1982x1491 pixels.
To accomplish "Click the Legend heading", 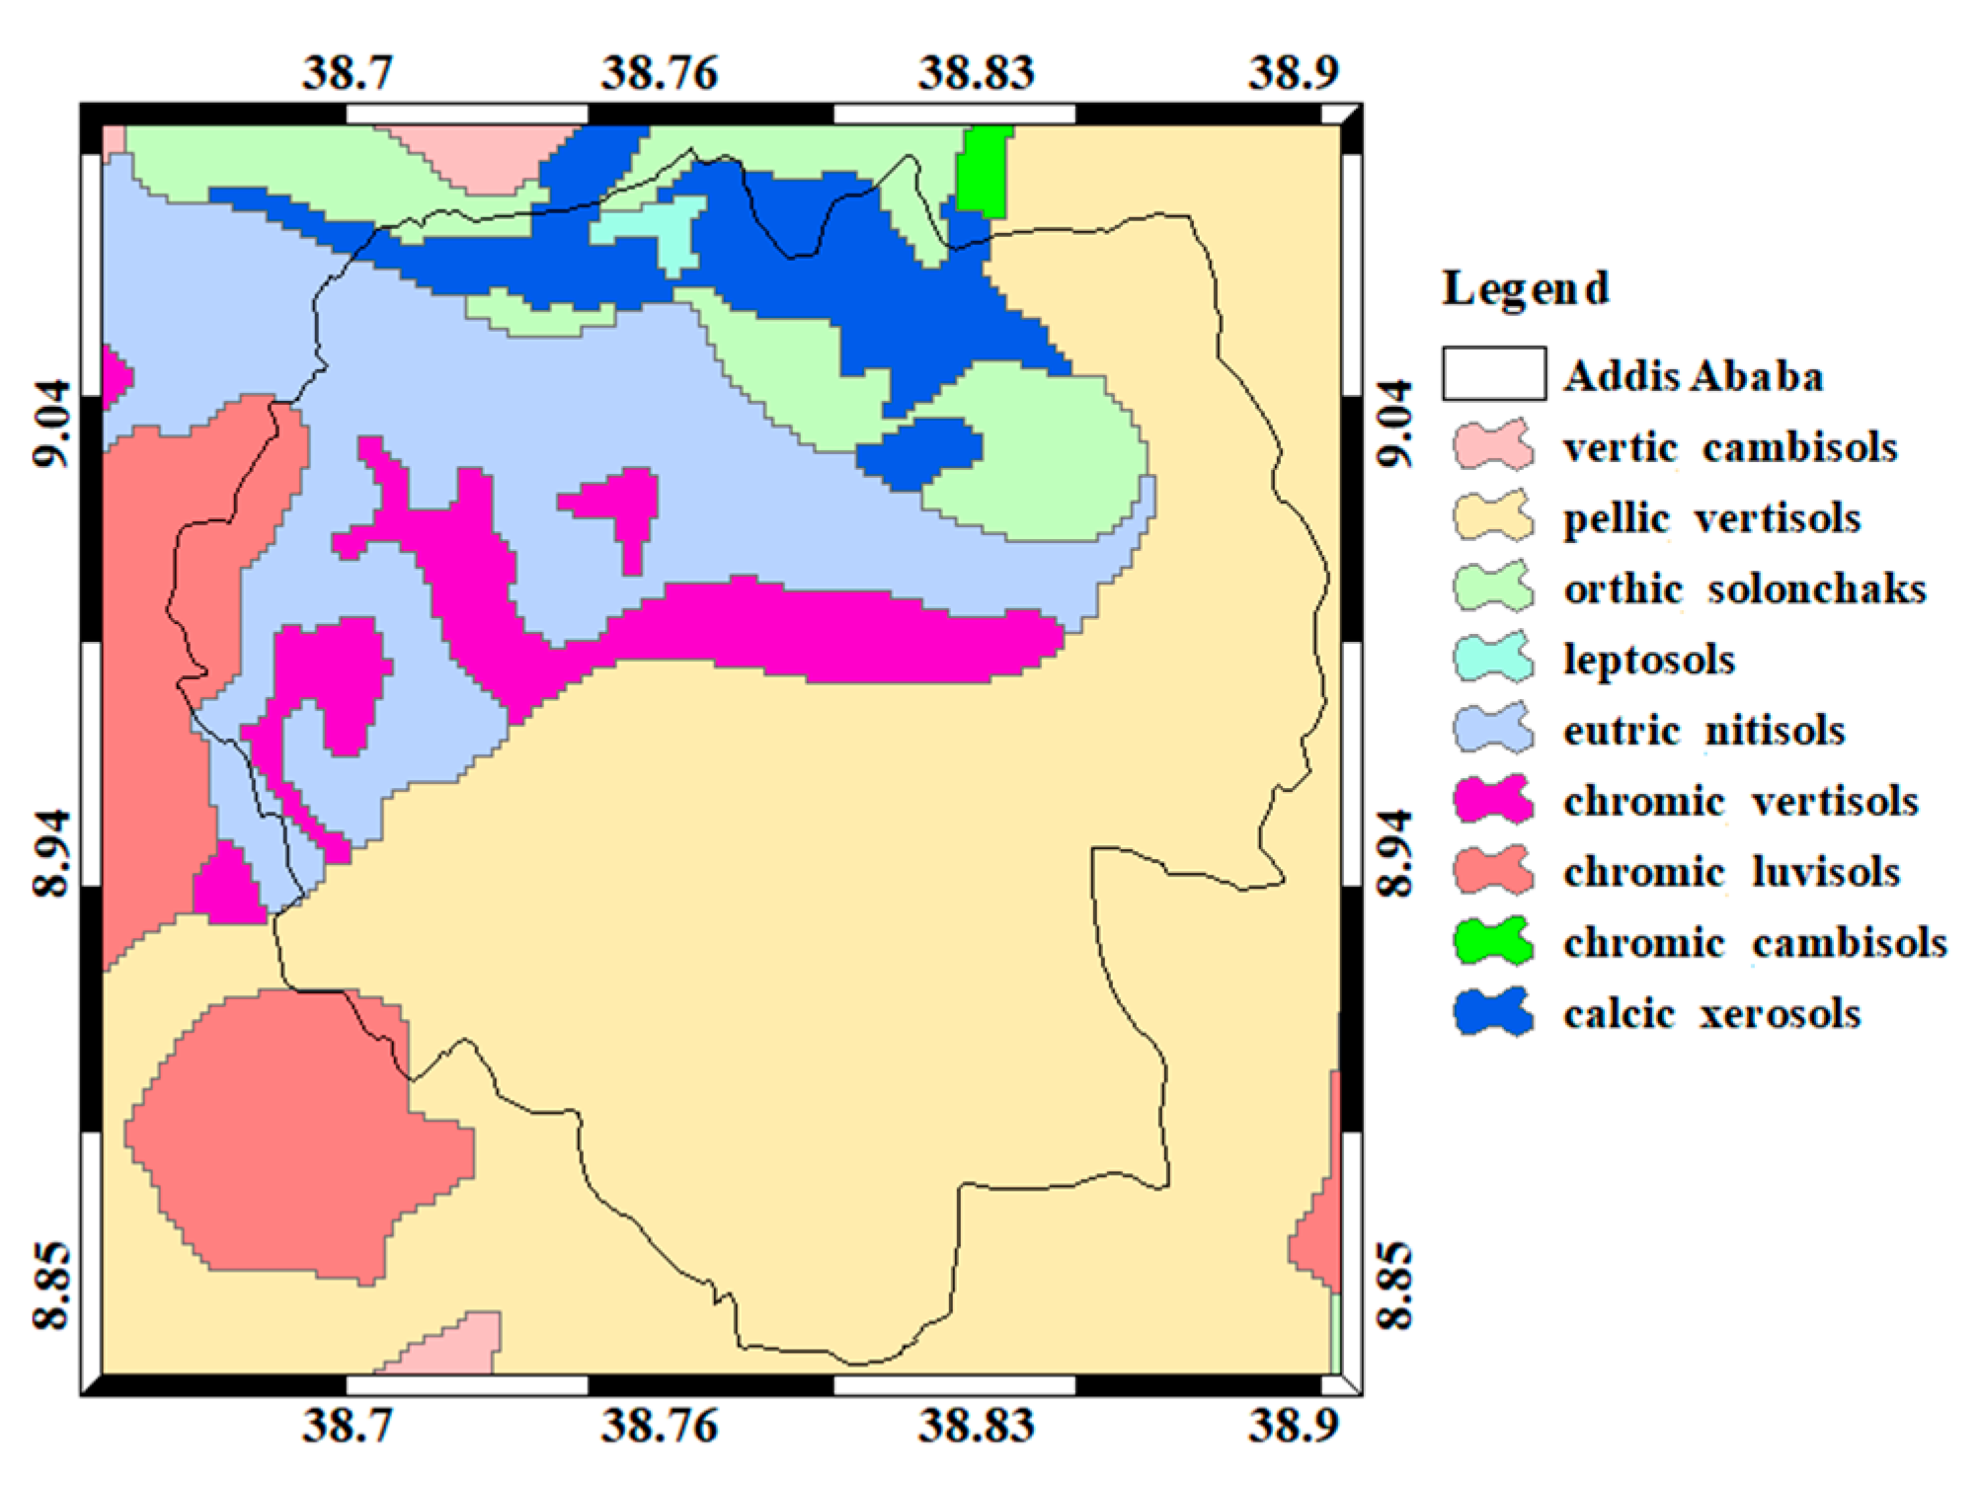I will pyautogui.click(x=1525, y=289).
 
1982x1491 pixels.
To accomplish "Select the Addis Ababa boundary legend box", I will pyautogui.click(x=1493, y=373).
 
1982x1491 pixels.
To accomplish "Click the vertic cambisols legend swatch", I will pyautogui.click(x=1493, y=445).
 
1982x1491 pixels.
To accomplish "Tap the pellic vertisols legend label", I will pyautogui.click(x=1711, y=517).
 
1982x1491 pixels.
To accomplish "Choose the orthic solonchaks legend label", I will pyautogui.click(x=1744, y=589).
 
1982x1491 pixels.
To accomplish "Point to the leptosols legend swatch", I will pyautogui.click(x=1493, y=659).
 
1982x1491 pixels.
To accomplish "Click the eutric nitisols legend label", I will pyautogui.click(x=1704, y=731).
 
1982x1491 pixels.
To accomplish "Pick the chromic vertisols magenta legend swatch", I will pyautogui.click(x=1493, y=800).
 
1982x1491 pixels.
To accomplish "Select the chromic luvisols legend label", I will pyautogui.click(x=1731, y=872).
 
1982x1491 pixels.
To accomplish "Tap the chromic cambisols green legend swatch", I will pyautogui.click(x=1493, y=941).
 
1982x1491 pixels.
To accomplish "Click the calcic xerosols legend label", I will pyautogui.click(x=1711, y=1013).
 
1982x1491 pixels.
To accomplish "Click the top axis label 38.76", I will pyautogui.click(x=659, y=73).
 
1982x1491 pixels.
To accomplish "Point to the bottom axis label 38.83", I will pyautogui.click(x=976, y=1425).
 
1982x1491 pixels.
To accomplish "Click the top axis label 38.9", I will pyautogui.click(x=1293, y=73).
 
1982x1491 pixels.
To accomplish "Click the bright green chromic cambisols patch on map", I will pyautogui.click(x=984, y=170).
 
